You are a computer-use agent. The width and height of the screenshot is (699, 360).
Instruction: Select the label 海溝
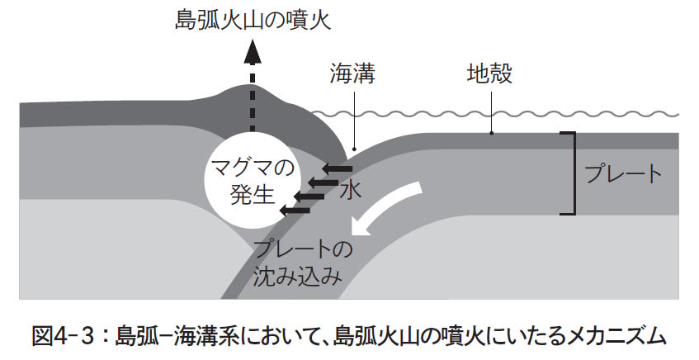[352, 77]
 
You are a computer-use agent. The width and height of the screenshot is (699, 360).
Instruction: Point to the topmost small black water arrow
[335, 168]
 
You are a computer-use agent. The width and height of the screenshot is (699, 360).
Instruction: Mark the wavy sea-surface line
[495, 113]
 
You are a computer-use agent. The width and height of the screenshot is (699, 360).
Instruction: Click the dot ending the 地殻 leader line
[491, 131]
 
